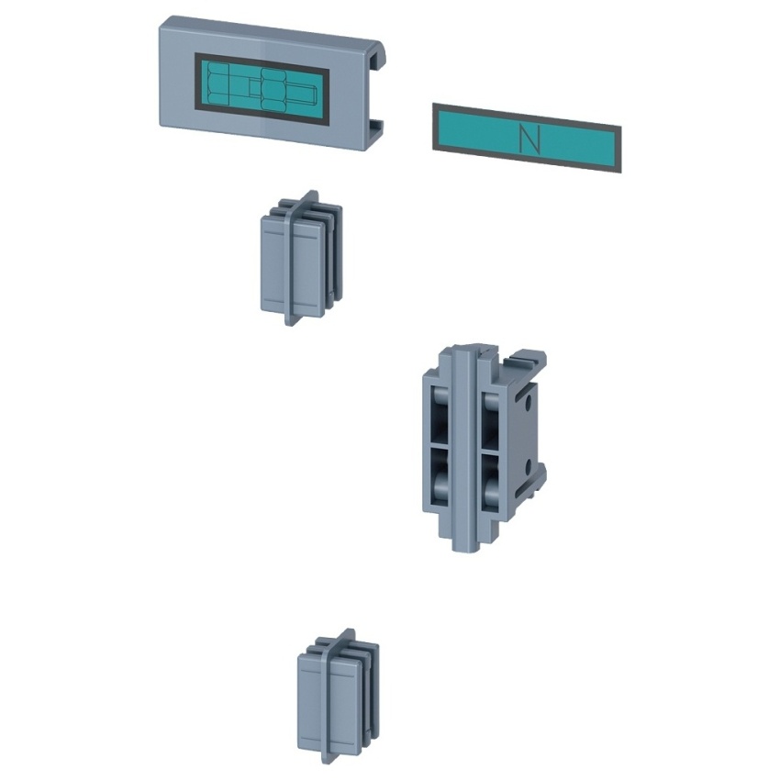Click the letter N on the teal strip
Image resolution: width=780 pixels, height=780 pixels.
click(529, 139)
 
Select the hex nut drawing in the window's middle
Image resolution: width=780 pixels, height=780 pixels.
click(273, 89)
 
